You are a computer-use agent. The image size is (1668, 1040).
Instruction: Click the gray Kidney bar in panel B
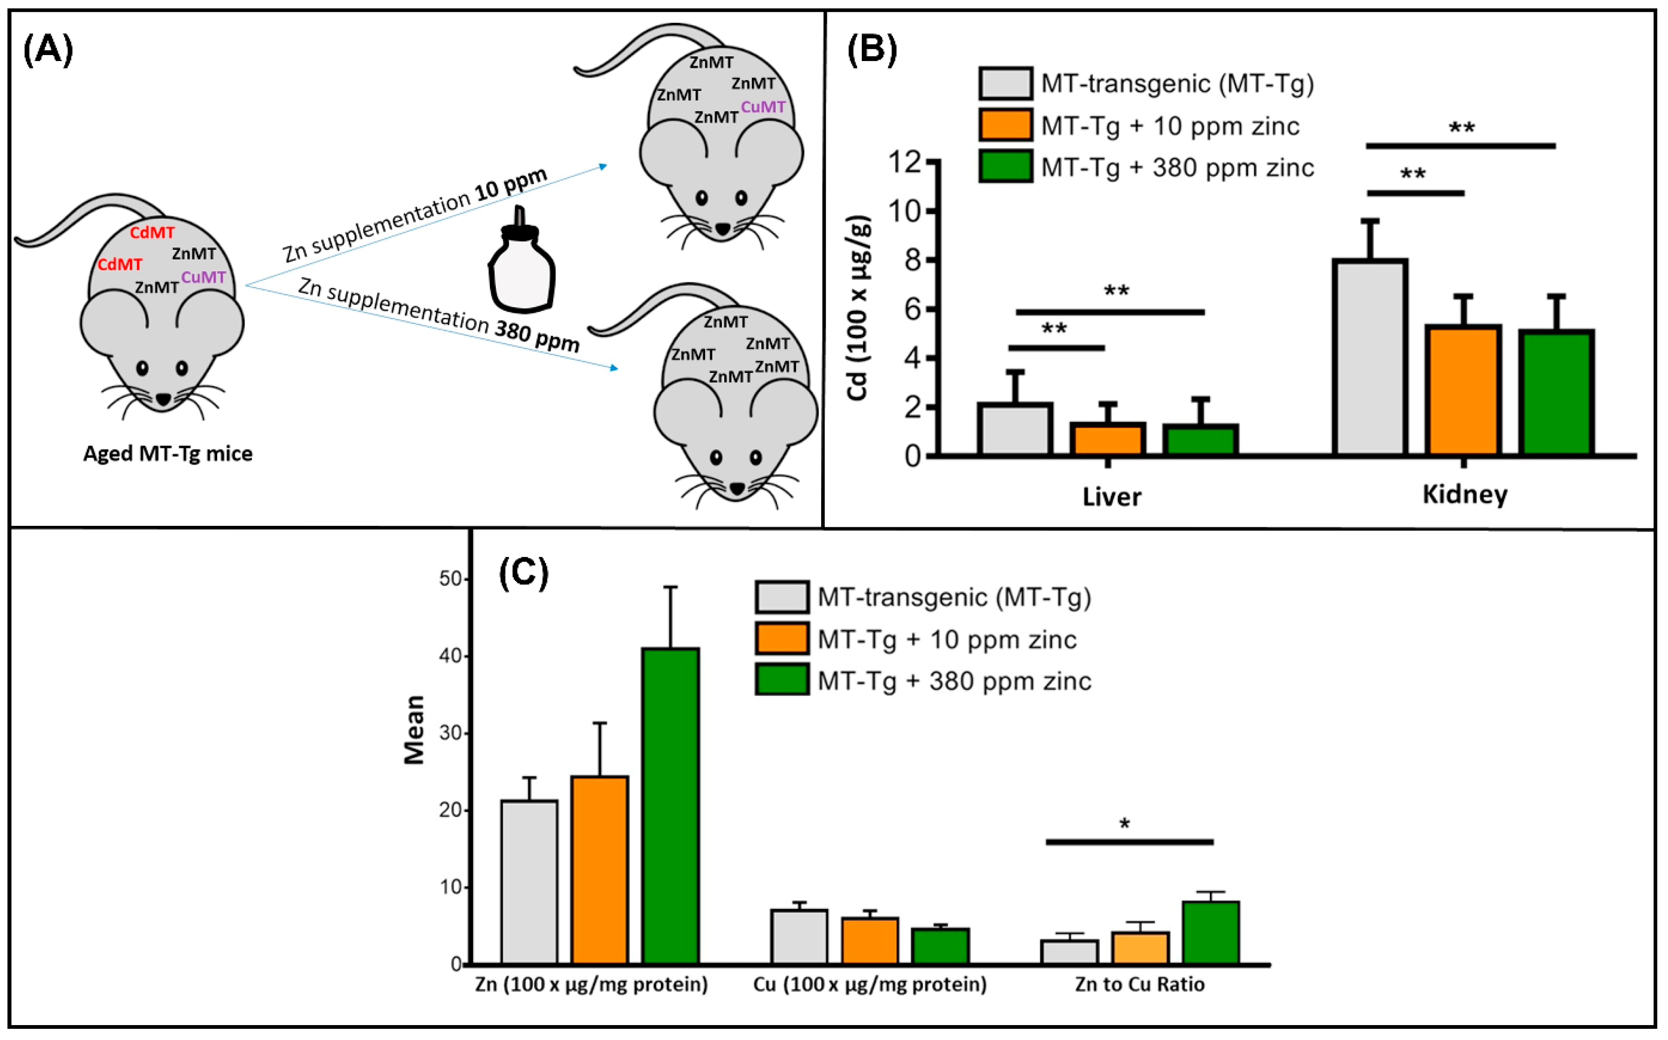(1370, 357)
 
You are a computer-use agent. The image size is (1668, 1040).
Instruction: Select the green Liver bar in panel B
(1201, 440)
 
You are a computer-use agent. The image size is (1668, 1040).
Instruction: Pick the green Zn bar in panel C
(670, 805)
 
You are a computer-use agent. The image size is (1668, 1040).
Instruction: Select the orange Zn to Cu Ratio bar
(1140, 948)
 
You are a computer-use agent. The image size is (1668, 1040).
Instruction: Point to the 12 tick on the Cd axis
(905, 162)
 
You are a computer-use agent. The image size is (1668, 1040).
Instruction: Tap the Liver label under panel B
(1111, 496)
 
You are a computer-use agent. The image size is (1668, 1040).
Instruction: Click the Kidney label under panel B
(1464, 494)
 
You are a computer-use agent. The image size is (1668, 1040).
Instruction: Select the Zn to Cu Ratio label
(1139, 984)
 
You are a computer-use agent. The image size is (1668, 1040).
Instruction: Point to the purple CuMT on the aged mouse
(204, 277)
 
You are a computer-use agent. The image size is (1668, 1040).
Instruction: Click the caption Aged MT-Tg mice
(168, 453)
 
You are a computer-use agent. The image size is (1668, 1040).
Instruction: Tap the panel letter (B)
(872, 50)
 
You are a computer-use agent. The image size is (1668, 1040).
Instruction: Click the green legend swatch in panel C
(782, 680)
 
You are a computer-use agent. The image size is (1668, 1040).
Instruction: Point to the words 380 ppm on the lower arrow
(537, 337)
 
